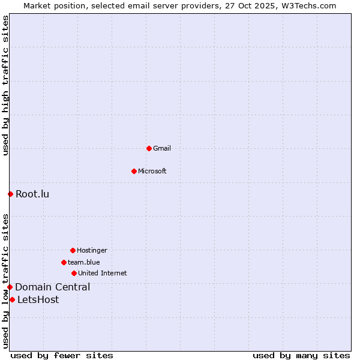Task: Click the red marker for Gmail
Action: [149, 148]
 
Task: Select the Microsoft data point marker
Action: [134, 171]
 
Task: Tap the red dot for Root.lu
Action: [10, 194]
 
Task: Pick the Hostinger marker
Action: [73, 250]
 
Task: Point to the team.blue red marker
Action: [64, 262]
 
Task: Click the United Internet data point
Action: [74, 273]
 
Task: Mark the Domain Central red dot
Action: [10, 287]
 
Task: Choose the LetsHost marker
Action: [12, 299]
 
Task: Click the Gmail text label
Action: [162, 148]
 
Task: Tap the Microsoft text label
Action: [152, 171]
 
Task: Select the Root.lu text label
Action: [32, 194]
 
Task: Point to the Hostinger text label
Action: [92, 250]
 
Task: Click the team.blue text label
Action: [84, 262]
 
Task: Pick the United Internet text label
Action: [103, 273]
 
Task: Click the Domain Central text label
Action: [53, 287]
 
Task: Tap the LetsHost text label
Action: [38, 299]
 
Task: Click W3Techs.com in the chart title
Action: [306, 5]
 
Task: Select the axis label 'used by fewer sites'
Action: [62, 355]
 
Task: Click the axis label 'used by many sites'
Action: [301, 355]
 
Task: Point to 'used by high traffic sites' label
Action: [5, 85]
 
